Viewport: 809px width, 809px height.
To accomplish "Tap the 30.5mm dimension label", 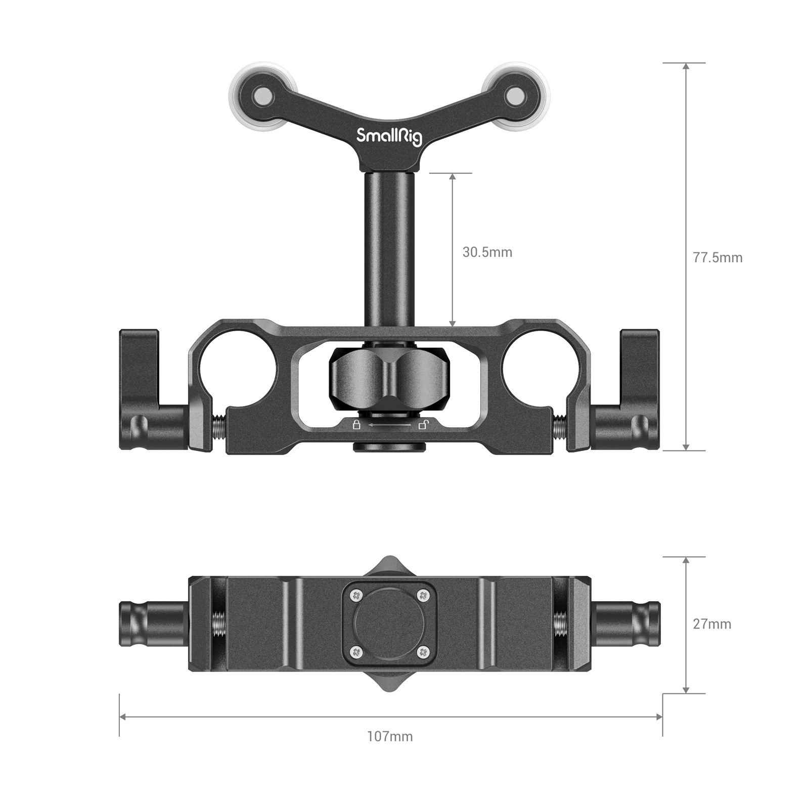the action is (x=487, y=252).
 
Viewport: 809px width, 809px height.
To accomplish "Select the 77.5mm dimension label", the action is (x=717, y=257).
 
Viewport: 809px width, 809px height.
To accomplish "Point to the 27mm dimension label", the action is (x=712, y=624).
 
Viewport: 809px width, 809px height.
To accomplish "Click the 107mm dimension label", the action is (x=390, y=736).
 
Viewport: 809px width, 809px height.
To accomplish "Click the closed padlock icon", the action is (x=356, y=424).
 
